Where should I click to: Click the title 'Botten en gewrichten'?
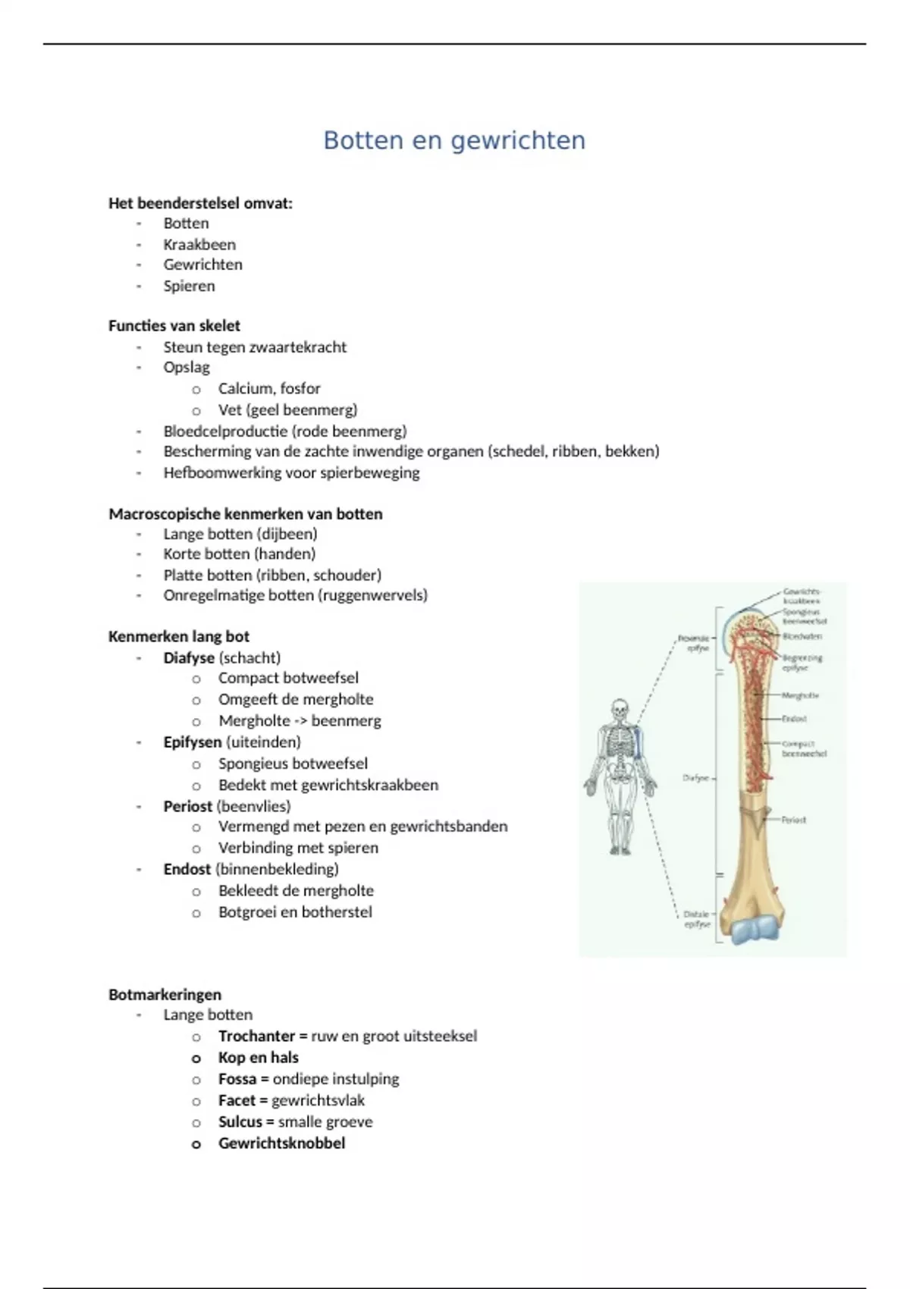[454, 140]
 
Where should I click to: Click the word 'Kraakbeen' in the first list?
[199, 244]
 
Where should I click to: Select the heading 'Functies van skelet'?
[174, 325]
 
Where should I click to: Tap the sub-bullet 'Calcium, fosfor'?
[269, 388]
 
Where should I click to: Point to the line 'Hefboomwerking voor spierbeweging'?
[291, 472]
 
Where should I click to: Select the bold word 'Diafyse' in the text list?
[188, 657]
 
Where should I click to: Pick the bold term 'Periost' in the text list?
[187, 806]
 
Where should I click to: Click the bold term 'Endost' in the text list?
[187, 869]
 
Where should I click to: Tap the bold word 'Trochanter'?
[256, 1036]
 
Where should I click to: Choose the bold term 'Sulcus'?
[240, 1121]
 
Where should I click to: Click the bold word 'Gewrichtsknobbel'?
[281, 1143]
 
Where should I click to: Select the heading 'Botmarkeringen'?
[165, 994]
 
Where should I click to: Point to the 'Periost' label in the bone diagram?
[793, 820]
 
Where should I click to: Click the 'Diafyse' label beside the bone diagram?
[695, 778]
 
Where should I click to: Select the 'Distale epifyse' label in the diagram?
[696, 919]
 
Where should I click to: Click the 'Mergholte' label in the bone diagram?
[799, 695]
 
